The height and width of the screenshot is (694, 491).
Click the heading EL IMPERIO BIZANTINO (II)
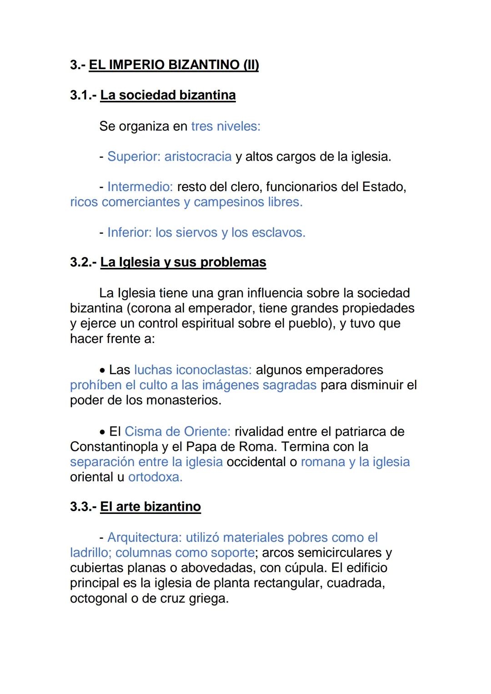tap(174, 65)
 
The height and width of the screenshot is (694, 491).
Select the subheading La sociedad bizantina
tap(168, 95)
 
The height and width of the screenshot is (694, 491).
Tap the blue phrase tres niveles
tap(225, 126)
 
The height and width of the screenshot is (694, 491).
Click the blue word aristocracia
tap(198, 156)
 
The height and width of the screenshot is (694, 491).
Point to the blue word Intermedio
tap(140, 187)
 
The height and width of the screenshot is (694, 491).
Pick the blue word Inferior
tap(129, 232)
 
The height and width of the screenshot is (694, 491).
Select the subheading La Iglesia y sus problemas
tap(183, 262)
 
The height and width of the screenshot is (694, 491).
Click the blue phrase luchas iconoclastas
tap(193, 370)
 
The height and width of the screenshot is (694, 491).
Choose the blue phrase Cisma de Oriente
tap(177, 431)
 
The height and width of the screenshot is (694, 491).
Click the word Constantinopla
tap(114, 447)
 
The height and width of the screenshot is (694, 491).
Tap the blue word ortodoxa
tap(155, 477)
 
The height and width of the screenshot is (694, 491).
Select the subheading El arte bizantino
tap(150, 507)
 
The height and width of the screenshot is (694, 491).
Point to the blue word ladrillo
tap(90, 553)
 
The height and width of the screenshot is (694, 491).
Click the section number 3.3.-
tap(83, 507)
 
